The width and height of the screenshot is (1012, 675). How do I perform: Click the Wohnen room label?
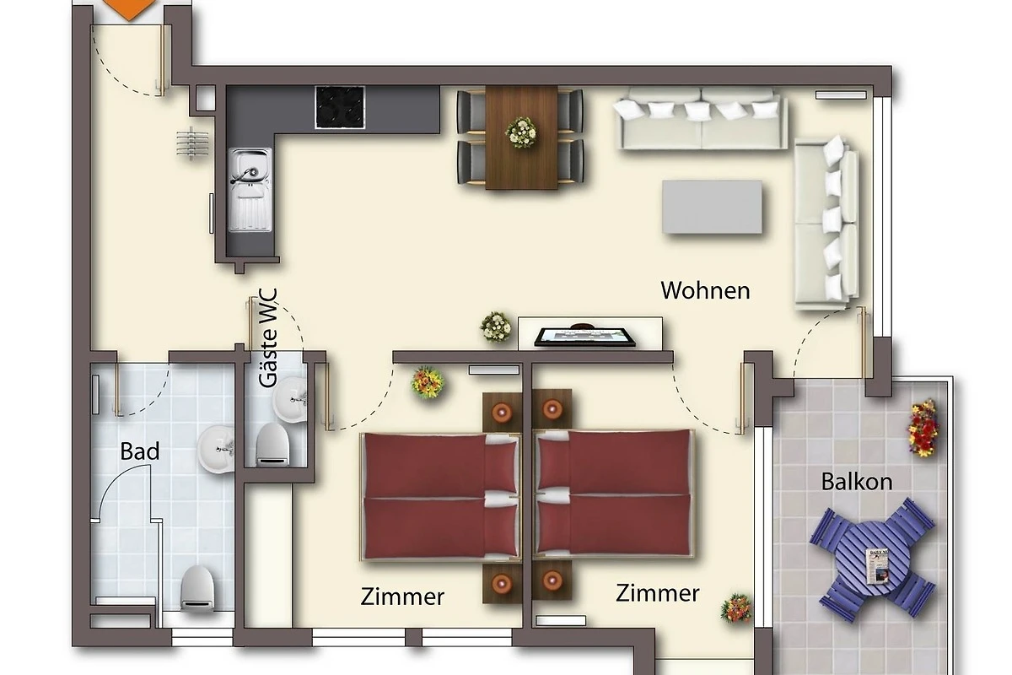pyautogui.click(x=705, y=290)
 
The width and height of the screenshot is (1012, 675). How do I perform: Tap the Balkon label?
pyautogui.click(x=857, y=482)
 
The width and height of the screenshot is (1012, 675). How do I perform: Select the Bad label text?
pyautogui.click(x=140, y=451)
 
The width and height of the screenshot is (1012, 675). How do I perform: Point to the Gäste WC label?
pyautogui.click(x=268, y=338)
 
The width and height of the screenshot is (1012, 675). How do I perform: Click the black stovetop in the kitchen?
pyautogui.click(x=340, y=107)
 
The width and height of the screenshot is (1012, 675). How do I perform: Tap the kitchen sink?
pyautogui.click(x=250, y=190)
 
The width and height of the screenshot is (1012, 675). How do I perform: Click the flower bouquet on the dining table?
pyautogui.click(x=521, y=132)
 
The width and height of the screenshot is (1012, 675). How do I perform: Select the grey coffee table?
pyautogui.click(x=712, y=207)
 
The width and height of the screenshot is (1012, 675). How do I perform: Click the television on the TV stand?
pyautogui.click(x=585, y=337)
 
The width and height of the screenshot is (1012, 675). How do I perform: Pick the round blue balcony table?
pyautogui.click(x=872, y=559)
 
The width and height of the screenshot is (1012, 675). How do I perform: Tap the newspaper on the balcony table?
pyautogui.click(x=877, y=566)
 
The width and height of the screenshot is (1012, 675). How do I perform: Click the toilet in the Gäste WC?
pyautogui.click(x=273, y=445)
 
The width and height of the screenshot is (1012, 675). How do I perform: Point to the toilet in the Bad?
pyautogui.click(x=197, y=588)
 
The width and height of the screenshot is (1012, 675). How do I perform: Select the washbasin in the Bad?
pyautogui.click(x=216, y=449)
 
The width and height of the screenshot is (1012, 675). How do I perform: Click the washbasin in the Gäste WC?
pyautogui.click(x=290, y=400)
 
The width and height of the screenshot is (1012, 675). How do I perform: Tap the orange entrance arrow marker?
pyautogui.click(x=129, y=9)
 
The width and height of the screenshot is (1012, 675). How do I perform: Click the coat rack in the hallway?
pyautogui.click(x=192, y=143)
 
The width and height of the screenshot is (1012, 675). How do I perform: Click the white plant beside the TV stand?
pyautogui.click(x=496, y=327)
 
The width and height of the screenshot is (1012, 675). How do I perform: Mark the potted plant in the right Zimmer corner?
pyautogui.click(x=736, y=608)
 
